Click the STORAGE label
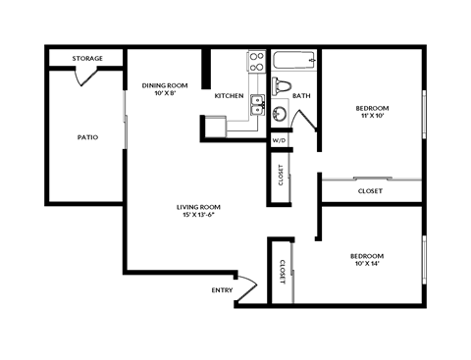pos(87,59)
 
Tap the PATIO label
pos(87,137)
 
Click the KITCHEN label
pos(229,96)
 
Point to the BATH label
pos(301,96)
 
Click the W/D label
pos(280,140)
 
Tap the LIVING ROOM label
pos(197,207)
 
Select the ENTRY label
pos(222,290)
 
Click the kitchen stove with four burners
pos(256,62)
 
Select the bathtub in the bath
pos(296,61)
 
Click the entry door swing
pos(246,287)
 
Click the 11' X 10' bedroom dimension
pos(372,116)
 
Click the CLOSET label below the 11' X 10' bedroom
pos(370,191)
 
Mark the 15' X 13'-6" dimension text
pos(197,216)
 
